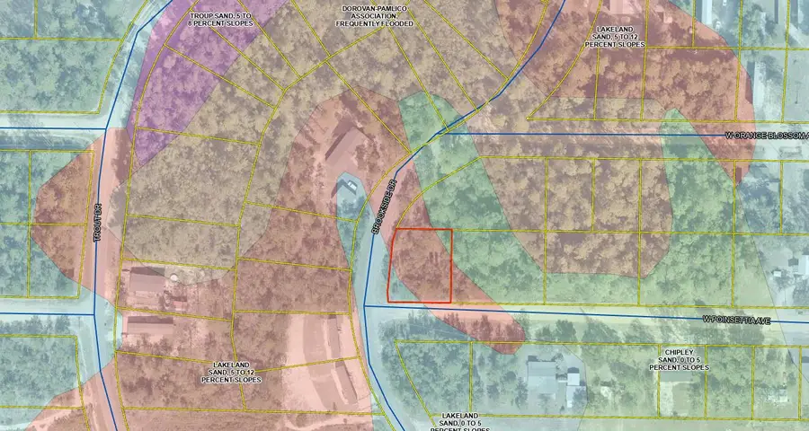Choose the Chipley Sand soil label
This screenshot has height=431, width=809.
(678, 359)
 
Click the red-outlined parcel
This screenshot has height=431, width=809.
(420, 265)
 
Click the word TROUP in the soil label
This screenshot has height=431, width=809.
(204, 16)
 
